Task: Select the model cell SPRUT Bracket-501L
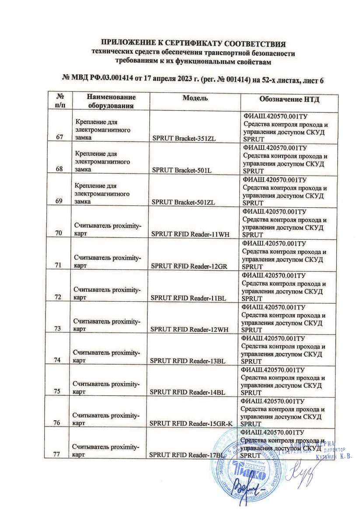(182, 170)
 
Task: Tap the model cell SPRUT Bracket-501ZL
(184, 202)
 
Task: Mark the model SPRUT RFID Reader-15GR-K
(191, 424)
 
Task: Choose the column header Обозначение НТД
(289, 99)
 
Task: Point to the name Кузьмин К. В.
(334, 457)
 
